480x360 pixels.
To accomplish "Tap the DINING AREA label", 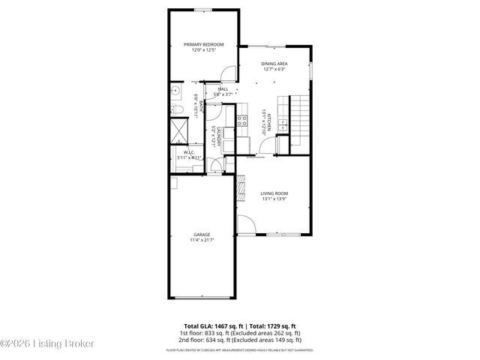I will point(274,64).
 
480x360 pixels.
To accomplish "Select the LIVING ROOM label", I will point(274,193).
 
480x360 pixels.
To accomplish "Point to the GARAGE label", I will point(201,235).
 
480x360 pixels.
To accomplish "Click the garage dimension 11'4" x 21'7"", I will point(201,241).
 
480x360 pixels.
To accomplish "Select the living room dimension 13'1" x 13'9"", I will point(274,199).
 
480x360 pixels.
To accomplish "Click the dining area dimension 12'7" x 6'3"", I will point(274,70).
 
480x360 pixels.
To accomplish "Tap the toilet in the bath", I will point(175,110).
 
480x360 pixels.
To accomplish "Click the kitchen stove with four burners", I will point(242,120).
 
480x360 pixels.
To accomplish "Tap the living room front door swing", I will point(244,224).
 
